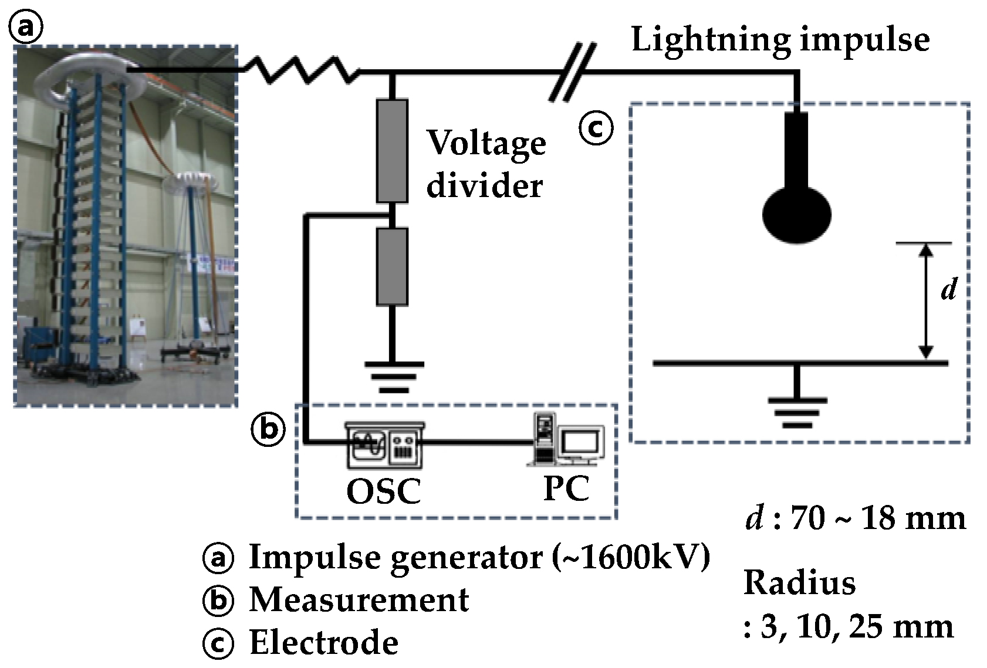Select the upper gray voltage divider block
pos(392,151)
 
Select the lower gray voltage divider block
pos(392,266)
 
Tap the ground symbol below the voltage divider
pos(394,377)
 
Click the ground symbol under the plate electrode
pos(797,413)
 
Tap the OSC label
pos(384,491)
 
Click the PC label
pos(567,488)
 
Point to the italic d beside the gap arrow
pos(949,289)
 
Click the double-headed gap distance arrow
pos(926,301)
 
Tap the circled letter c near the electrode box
pos(596,128)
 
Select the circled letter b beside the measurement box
pos(268,429)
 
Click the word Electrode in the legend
pos(324,642)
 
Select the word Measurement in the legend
pos(359,599)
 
